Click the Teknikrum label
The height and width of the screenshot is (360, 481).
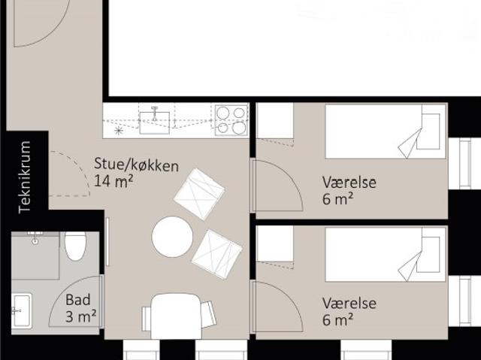tap(25, 177)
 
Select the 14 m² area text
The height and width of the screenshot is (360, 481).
tap(114, 181)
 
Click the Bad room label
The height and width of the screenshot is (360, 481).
tap(78, 301)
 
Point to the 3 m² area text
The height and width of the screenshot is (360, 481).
tap(80, 316)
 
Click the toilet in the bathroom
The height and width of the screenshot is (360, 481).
tap(75, 245)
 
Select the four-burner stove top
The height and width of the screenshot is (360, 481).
tap(231, 119)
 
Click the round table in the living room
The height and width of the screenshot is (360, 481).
tap(172, 237)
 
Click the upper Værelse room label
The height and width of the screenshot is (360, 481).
tap(349, 183)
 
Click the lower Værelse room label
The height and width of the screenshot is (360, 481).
tap(349, 304)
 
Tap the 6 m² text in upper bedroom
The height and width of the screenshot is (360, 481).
tap(337, 198)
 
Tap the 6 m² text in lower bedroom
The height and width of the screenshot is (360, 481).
tap(337, 320)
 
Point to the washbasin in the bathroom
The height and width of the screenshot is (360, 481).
tap(21, 310)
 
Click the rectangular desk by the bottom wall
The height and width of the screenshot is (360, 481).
tap(176, 316)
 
